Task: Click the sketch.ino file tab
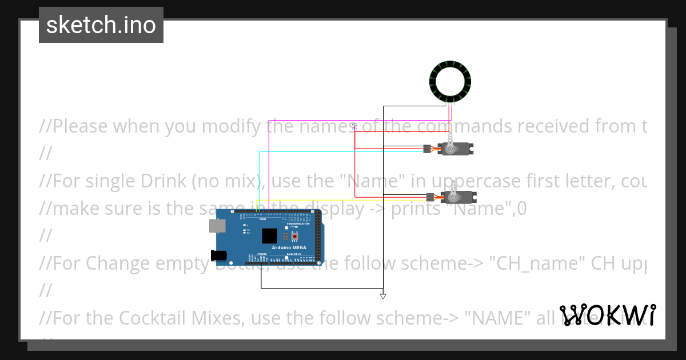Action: [101, 25]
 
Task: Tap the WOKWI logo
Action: [607, 315]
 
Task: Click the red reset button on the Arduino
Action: [295, 236]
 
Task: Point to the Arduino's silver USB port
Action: [217, 226]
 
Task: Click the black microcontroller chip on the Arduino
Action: [269, 236]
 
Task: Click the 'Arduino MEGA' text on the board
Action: [289, 247]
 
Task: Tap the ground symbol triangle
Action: [383, 296]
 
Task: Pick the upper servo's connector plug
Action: [426, 149]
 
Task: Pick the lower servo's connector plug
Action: [429, 197]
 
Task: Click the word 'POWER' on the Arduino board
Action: [262, 254]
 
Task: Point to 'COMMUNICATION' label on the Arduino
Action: [298, 223]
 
